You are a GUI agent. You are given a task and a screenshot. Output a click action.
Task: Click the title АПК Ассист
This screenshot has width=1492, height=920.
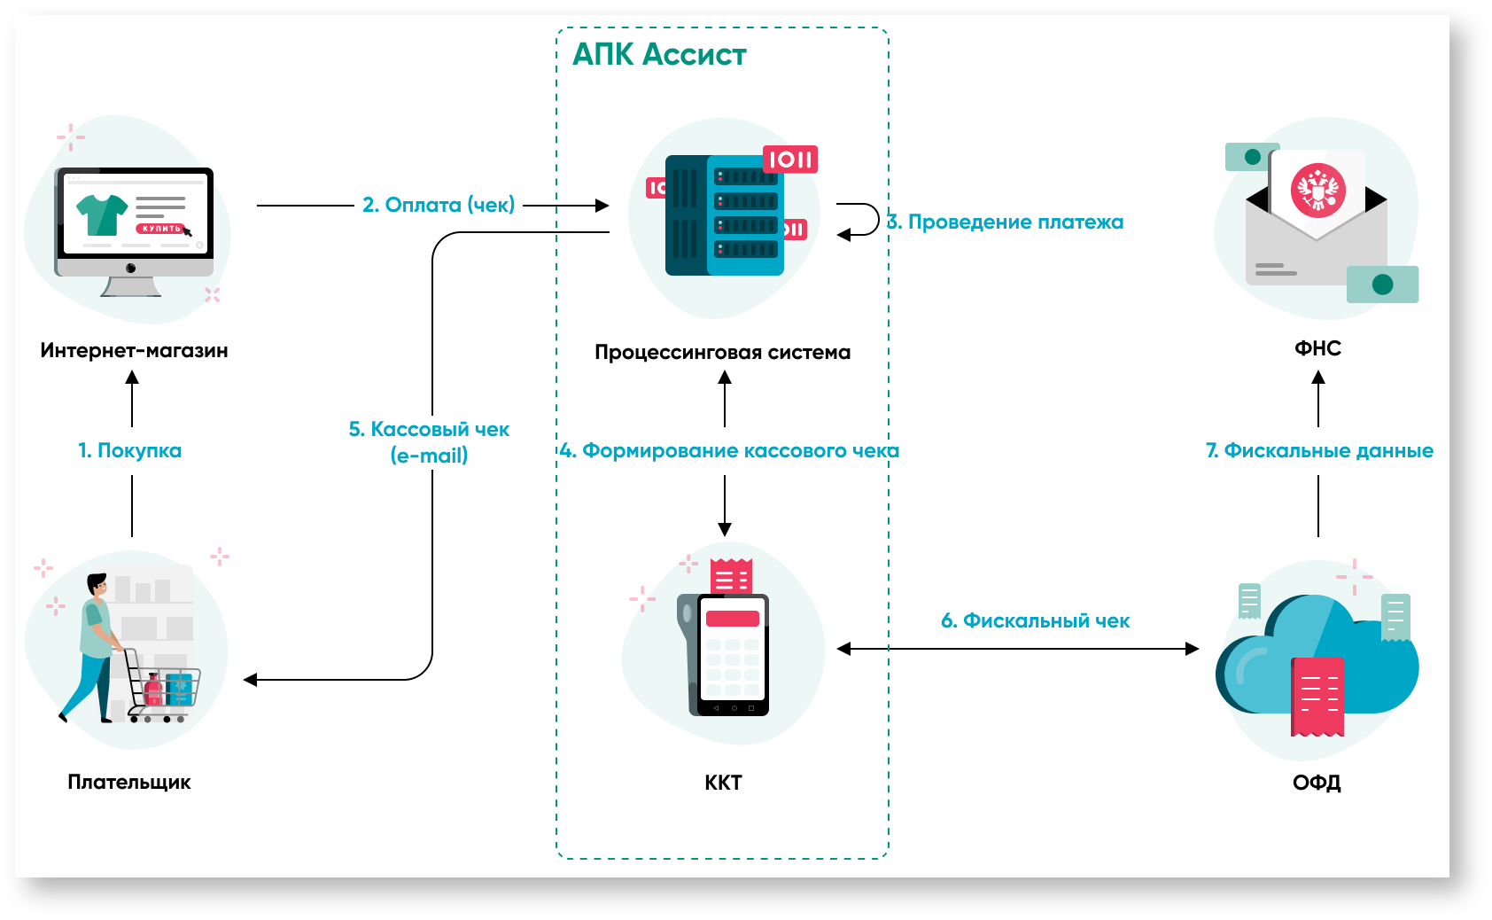click(659, 55)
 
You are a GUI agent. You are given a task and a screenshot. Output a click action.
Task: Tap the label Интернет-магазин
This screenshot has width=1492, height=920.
click(134, 351)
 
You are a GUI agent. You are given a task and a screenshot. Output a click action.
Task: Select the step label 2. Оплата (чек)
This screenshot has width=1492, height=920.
click(439, 205)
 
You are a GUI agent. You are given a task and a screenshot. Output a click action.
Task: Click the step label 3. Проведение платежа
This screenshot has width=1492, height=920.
click(1006, 222)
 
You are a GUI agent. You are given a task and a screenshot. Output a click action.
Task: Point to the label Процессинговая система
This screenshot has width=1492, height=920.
click(722, 353)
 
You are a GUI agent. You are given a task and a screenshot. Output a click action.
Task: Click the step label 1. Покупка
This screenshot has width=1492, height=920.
click(130, 450)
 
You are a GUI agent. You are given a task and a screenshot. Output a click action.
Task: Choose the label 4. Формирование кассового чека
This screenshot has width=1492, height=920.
click(729, 451)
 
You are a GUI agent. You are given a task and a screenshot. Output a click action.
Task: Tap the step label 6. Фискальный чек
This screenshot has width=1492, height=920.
click(1035, 621)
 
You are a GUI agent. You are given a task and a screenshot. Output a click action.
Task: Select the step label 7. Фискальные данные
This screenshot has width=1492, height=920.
click(1319, 451)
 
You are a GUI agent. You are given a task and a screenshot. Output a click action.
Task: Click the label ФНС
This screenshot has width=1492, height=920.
click(1317, 348)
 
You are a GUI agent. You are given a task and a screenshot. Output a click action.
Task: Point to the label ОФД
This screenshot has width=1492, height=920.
click(1317, 783)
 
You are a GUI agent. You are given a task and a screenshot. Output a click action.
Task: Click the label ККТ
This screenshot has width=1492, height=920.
click(723, 783)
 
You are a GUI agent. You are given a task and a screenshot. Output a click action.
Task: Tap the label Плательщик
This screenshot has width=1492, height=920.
click(129, 783)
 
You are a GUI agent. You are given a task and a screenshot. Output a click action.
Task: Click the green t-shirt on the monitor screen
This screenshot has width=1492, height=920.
click(102, 214)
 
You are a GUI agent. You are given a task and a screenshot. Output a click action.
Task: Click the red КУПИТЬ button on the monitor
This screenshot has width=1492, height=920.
click(160, 229)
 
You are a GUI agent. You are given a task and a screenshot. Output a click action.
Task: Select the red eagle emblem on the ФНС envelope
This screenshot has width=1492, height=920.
click(1317, 191)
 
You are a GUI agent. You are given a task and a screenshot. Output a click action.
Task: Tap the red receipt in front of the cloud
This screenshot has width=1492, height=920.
click(1317, 697)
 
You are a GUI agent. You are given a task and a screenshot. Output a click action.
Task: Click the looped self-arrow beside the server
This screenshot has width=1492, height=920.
click(859, 220)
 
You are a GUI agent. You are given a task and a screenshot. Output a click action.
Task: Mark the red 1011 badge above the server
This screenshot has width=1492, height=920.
click(790, 160)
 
